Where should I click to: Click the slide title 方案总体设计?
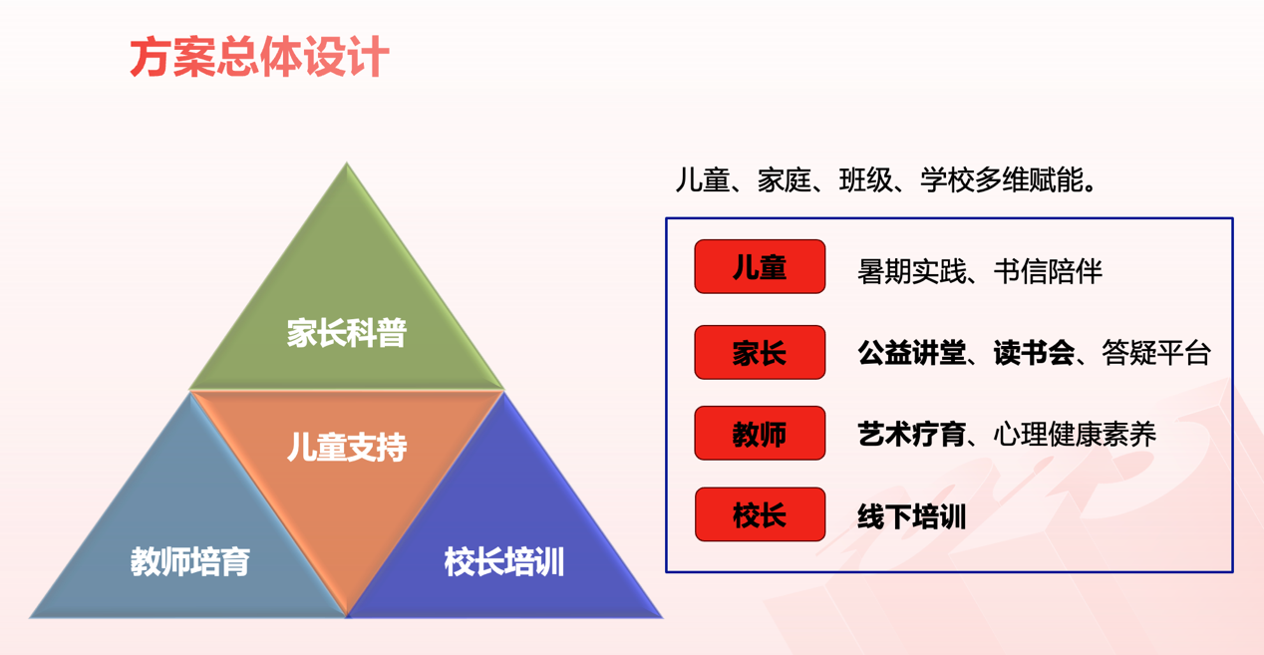point(259,57)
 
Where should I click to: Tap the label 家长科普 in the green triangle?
point(347,333)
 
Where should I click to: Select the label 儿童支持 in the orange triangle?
point(347,448)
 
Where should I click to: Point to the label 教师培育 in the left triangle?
point(190,561)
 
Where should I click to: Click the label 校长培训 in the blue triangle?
point(504,561)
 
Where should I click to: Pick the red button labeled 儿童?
point(760,266)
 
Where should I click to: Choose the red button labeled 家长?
point(760,352)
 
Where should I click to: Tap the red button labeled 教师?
point(760,433)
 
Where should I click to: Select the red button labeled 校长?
point(760,514)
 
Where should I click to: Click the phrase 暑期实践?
point(911,272)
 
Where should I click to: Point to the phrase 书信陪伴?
point(1048,272)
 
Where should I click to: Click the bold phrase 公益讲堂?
point(911,353)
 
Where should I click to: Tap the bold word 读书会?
point(1034,353)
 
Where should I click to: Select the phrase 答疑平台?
point(1156,353)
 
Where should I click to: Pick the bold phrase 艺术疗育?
point(911,435)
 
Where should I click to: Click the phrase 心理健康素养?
point(1075,435)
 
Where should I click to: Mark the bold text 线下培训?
point(911,516)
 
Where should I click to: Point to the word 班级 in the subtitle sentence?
point(865,180)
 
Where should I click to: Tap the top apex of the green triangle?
point(347,164)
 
